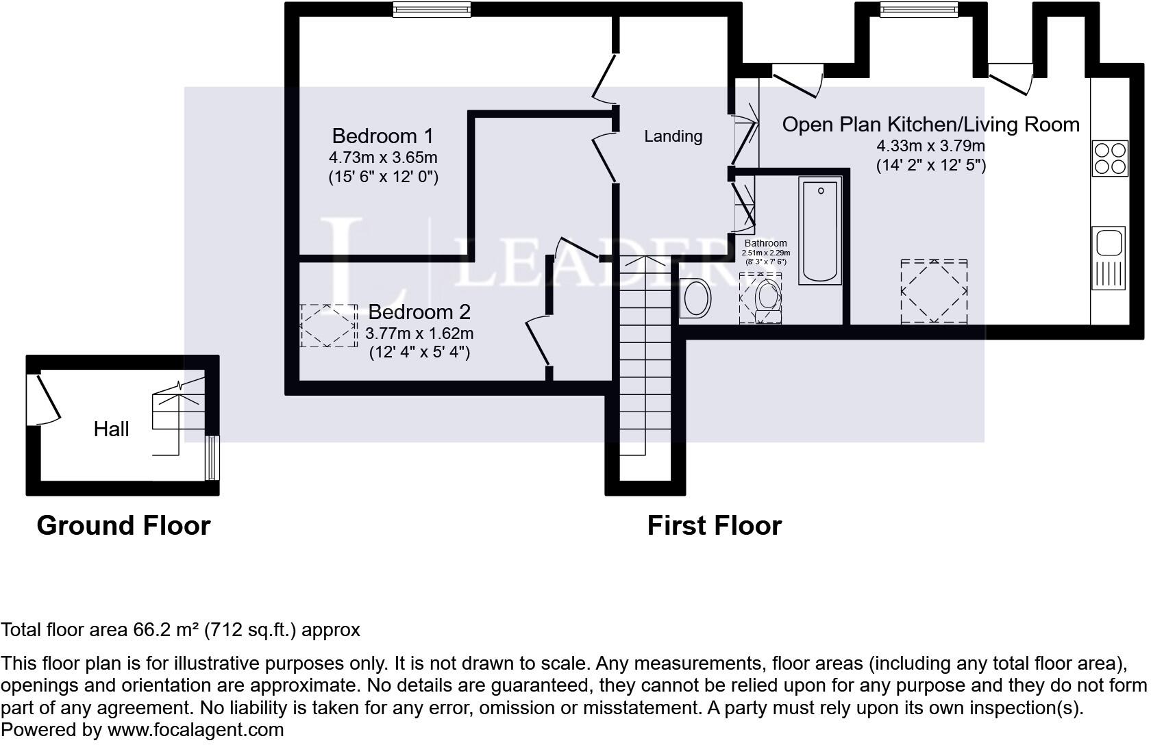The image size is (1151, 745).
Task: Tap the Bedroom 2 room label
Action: [419, 312]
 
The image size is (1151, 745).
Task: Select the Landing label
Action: [673, 136]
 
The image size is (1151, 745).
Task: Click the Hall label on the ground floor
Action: [111, 429]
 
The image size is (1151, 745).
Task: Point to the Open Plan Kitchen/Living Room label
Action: [930, 125]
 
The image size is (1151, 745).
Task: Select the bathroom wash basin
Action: [696, 299]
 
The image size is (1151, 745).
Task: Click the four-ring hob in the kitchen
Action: [1110, 158]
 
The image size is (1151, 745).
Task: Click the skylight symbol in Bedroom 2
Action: [329, 325]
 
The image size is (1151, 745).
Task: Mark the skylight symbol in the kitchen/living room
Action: [934, 291]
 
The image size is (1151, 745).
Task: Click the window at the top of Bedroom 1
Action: [432, 9]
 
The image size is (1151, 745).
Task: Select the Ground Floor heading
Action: [123, 526]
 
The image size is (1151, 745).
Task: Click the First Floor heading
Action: [714, 526]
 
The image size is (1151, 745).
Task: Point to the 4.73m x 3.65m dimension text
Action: [382, 157]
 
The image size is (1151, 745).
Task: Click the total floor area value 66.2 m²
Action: [166, 630]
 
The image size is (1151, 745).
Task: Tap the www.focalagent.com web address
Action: [195, 730]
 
